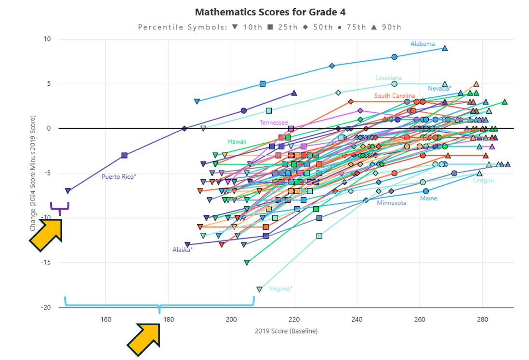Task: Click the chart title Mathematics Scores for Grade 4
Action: coord(270,12)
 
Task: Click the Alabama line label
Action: coord(423,44)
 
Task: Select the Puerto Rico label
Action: coord(119,177)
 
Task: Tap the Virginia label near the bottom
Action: coord(280,289)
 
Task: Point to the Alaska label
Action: coord(183,250)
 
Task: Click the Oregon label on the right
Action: coord(483,181)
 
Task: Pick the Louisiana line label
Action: coord(389,78)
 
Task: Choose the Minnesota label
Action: coord(391,203)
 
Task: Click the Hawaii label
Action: coord(237,141)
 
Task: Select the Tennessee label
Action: coord(274,123)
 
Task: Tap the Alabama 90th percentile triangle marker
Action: coord(445,48)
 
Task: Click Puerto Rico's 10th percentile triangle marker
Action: coord(68,191)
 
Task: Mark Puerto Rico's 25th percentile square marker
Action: coord(124,155)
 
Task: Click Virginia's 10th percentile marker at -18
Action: coord(260,289)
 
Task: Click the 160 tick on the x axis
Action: coord(106,319)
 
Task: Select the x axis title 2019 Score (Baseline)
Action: coord(286,331)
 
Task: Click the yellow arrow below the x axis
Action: coord(144,339)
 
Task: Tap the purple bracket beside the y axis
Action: coord(60,208)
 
